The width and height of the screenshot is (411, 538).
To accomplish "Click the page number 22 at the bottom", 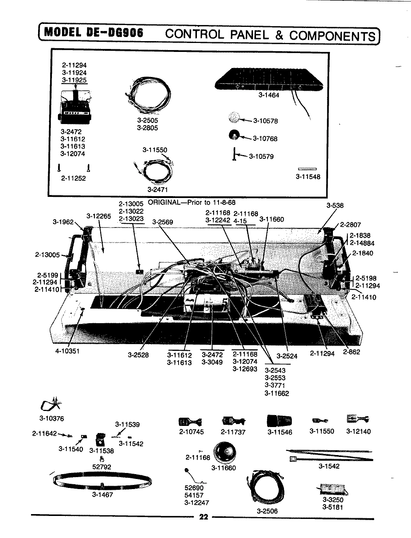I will (203, 517).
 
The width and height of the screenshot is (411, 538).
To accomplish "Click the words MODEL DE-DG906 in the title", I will (93, 33).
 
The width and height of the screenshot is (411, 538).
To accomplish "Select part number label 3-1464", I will (269, 95).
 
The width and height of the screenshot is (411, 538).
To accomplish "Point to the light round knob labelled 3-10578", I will (234, 118).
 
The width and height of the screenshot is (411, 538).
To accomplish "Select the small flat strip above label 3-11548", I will (308, 169).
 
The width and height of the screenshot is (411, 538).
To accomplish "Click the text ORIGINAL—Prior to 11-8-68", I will (192, 202).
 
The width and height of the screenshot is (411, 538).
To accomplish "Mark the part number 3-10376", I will (51, 418).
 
